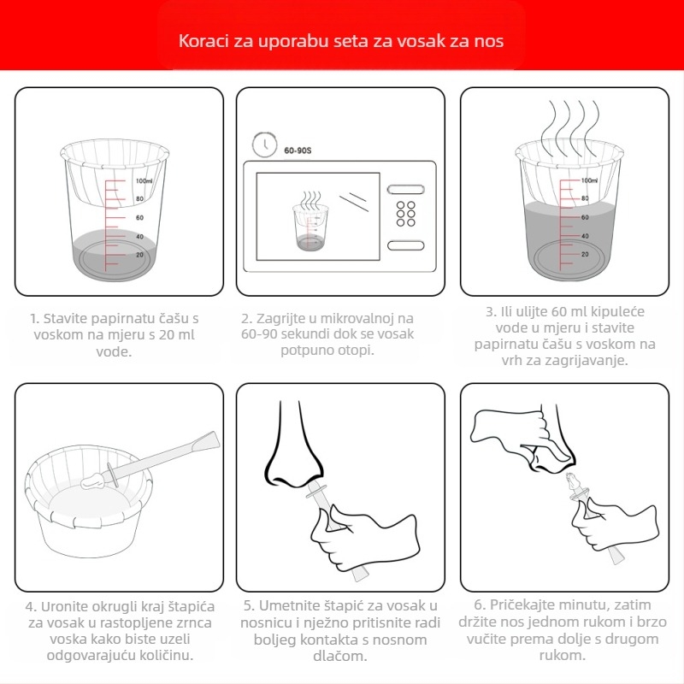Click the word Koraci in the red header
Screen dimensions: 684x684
[203, 40]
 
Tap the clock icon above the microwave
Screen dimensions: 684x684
[264, 144]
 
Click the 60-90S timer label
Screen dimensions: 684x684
[298, 150]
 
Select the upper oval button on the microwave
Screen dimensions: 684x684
[405, 190]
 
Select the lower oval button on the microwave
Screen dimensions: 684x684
[405, 245]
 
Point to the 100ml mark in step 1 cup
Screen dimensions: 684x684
[144, 180]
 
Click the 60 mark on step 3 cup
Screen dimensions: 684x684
[585, 217]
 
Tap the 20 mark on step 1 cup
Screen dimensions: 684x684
[139, 254]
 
